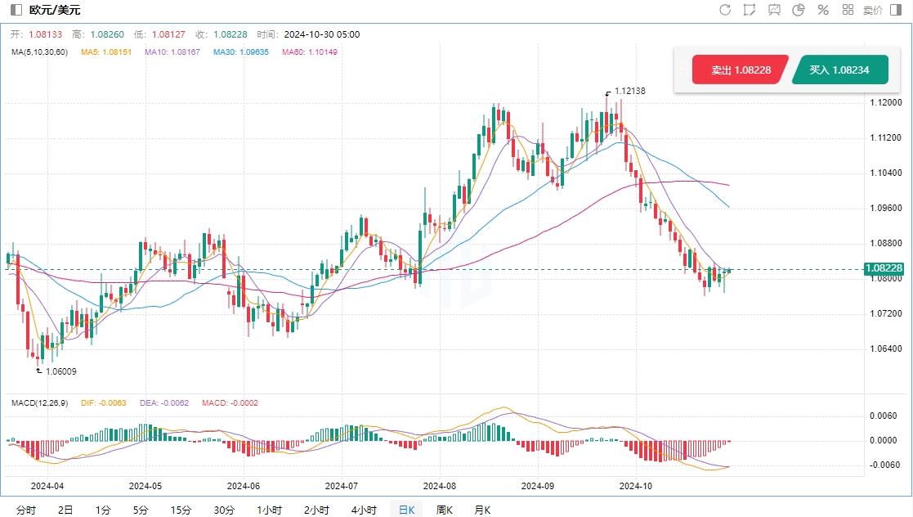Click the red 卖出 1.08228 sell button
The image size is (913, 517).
[x=740, y=70]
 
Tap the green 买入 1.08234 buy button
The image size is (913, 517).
[x=839, y=70]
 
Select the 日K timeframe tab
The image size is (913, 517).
[x=406, y=510]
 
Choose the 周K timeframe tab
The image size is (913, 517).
[x=445, y=510]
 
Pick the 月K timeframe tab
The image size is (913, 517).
[x=483, y=510]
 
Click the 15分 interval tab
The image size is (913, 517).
[x=181, y=510]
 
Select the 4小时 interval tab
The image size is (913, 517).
[x=364, y=510]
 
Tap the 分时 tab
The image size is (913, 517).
[x=26, y=510]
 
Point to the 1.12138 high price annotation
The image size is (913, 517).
[x=629, y=92]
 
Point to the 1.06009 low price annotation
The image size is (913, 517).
[x=60, y=371]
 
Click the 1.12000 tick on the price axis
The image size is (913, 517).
[x=886, y=103]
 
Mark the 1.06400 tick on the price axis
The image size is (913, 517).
[x=886, y=349]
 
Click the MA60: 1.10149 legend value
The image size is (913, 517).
[x=310, y=52]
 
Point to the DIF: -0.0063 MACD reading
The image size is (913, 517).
[x=104, y=402]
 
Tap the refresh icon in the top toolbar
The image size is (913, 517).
[x=725, y=10]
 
